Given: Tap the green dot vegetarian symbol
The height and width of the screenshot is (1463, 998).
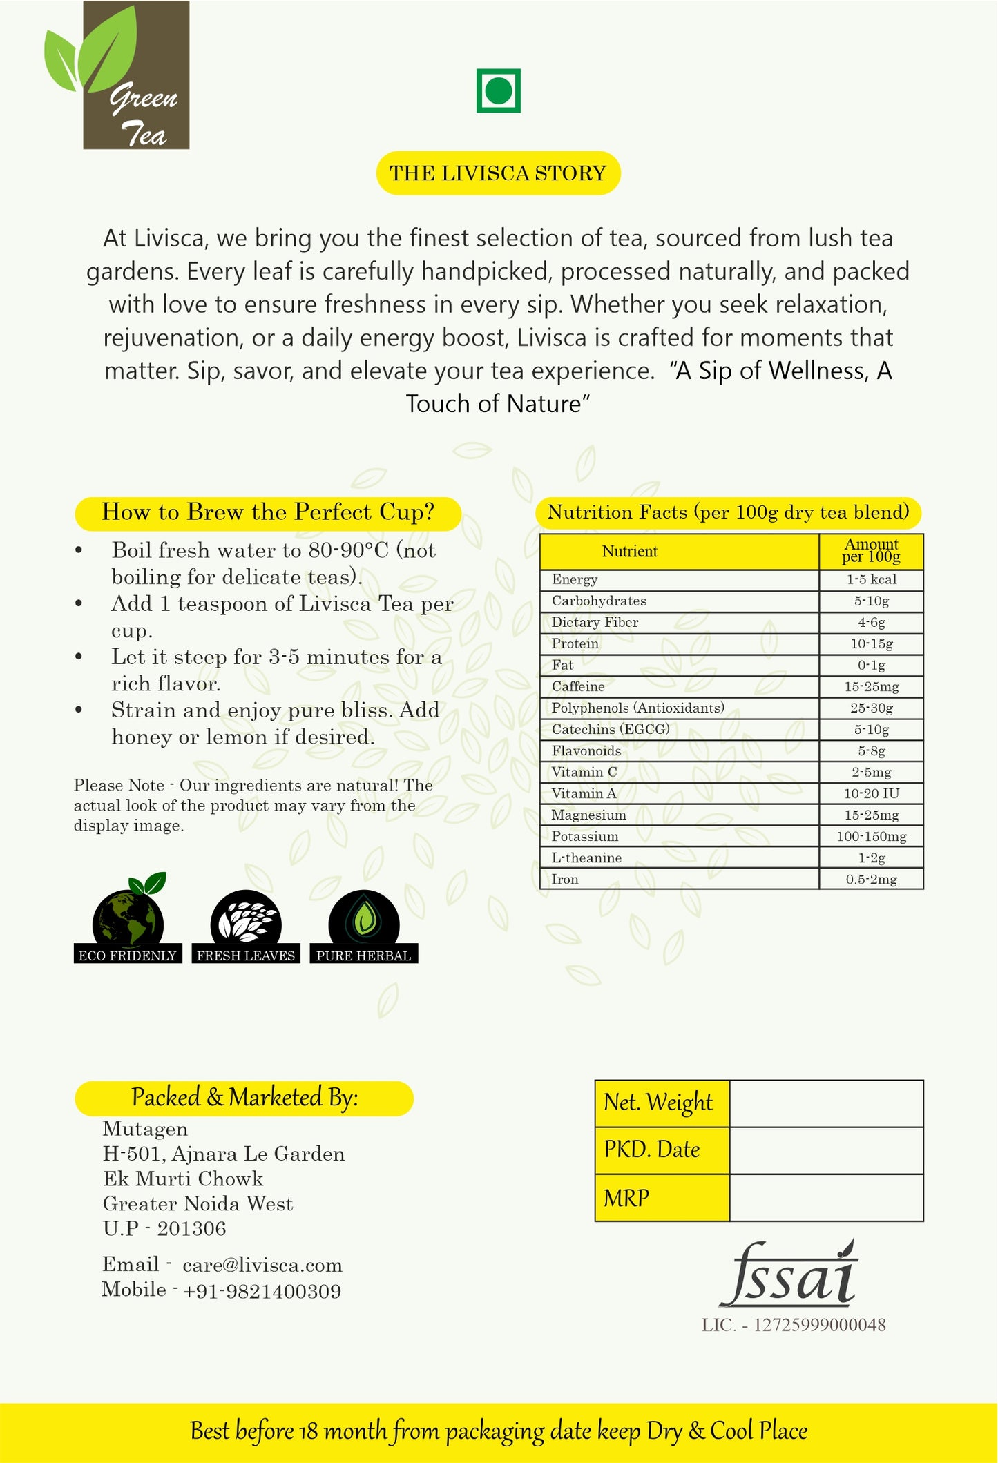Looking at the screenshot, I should [x=498, y=90].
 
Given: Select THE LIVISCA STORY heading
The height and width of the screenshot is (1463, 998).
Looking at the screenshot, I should [x=498, y=173].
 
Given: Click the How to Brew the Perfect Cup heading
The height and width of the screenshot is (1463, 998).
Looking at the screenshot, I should [x=268, y=512].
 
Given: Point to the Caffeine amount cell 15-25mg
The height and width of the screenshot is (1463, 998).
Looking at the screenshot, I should [x=871, y=686].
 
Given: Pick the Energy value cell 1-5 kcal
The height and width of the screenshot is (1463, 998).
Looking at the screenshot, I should [x=871, y=579].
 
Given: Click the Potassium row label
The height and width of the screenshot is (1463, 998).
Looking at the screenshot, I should [x=585, y=836].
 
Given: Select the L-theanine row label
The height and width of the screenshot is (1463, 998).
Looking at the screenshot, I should [x=586, y=858].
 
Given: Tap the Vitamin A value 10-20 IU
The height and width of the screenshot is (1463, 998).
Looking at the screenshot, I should [x=871, y=793].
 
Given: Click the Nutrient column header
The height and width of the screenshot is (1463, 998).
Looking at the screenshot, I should [x=629, y=551].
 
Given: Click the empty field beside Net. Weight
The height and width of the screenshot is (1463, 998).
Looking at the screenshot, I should [x=826, y=1103].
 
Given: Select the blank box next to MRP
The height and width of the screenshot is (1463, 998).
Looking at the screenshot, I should [x=826, y=1198].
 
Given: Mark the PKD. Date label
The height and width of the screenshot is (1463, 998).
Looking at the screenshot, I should [x=651, y=1150].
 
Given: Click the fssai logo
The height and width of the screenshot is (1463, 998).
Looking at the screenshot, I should [x=789, y=1275].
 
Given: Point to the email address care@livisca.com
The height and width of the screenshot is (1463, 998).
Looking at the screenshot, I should [x=262, y=1265].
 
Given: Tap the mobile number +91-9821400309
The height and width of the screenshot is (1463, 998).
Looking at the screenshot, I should [x=262, y=1291].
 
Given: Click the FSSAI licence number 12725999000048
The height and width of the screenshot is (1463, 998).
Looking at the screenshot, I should [x=819, y=1325].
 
